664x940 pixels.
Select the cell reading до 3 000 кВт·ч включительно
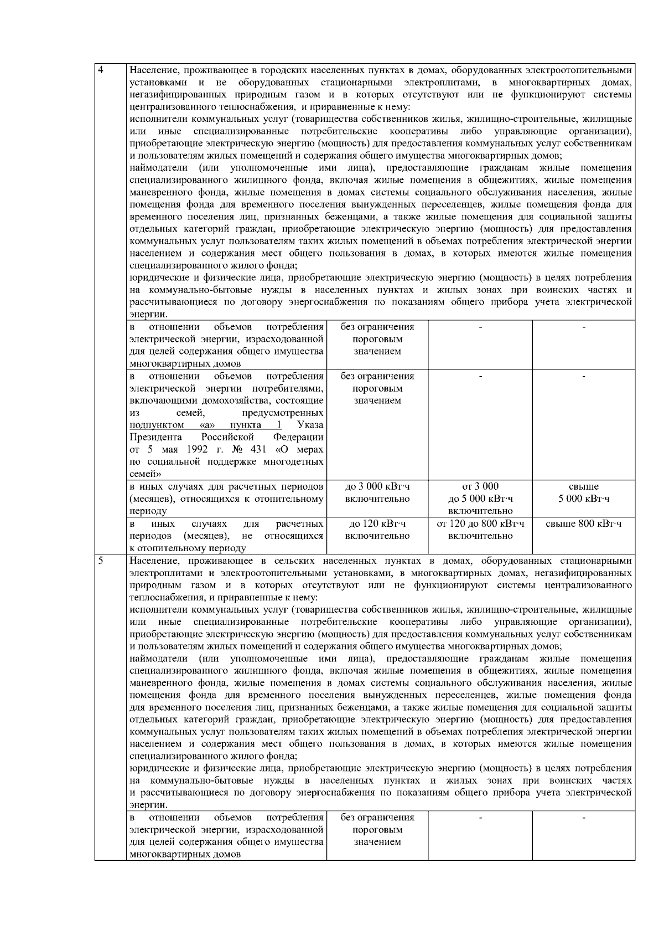377,492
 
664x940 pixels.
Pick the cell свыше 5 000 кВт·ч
584,492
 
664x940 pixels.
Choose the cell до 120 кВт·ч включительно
377,530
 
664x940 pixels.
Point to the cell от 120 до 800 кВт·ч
480,530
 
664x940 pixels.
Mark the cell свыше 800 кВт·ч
584,523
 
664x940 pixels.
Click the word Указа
310,425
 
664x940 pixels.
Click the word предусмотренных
283,413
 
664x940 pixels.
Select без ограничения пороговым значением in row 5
377,830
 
